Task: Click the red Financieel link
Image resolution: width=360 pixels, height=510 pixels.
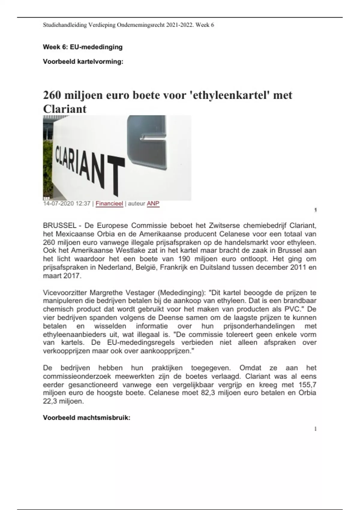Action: point(109,204)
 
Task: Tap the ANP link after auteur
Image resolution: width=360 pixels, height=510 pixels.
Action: point(153,204)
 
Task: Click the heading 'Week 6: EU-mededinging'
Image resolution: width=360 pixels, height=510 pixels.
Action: point(83,47)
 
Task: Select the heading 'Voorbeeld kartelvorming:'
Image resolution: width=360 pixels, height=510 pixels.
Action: point(83,62)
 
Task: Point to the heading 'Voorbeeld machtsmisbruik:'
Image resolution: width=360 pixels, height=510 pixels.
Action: point(87,418)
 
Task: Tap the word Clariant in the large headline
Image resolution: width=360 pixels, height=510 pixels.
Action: point(65,109)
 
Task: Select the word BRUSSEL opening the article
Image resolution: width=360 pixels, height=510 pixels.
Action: point(59,226)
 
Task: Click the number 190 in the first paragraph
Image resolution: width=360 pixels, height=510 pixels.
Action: point(184,259)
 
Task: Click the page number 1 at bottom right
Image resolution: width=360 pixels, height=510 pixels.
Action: point(315,429)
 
